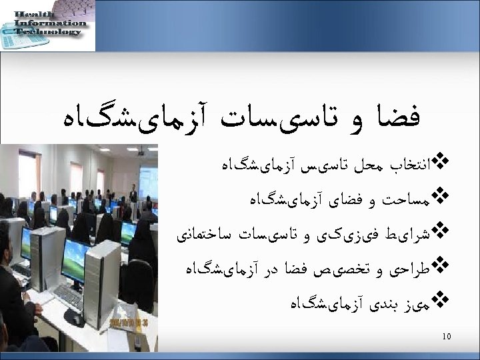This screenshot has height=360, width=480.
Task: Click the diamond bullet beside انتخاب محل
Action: [441, 161]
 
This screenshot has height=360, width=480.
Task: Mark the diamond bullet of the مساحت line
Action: [441, 198]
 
